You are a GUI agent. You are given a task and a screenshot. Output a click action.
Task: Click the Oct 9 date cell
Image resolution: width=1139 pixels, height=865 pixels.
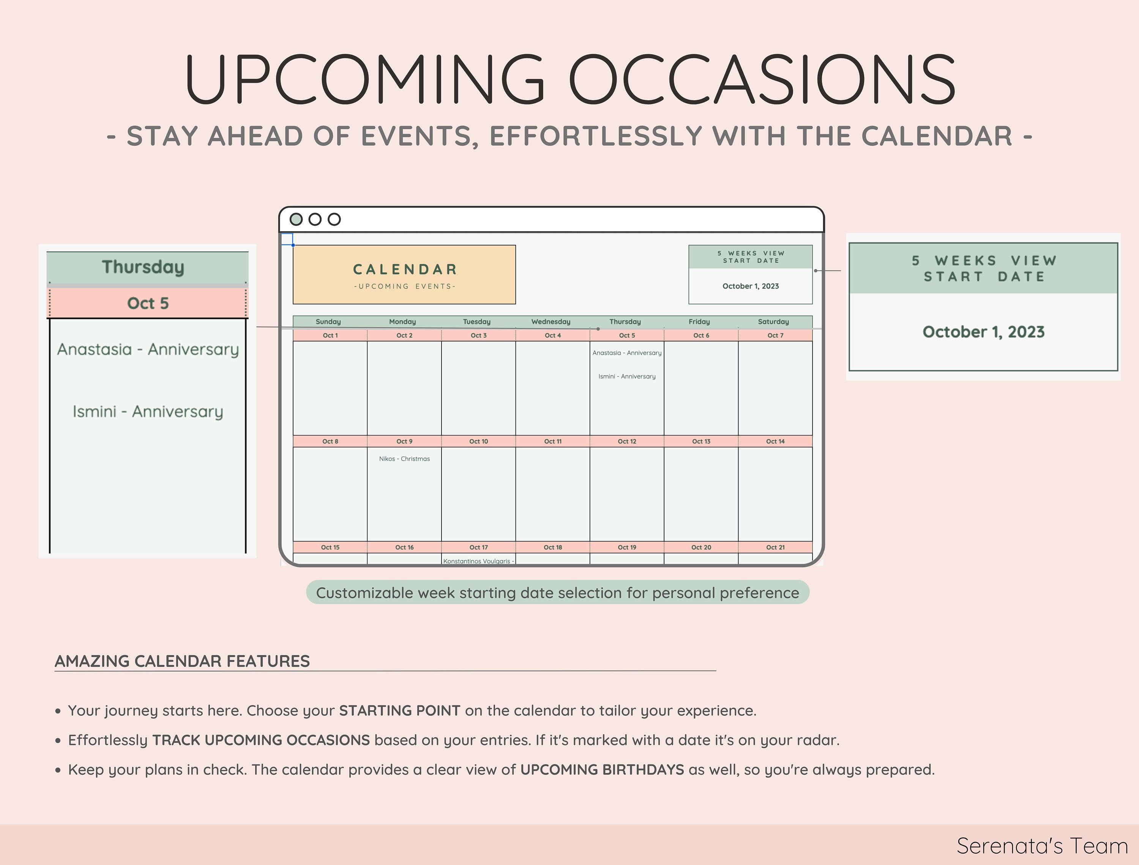pyautogui.click(x=404, y=441)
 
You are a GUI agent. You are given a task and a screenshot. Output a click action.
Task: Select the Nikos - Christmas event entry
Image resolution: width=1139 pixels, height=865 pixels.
pyautogui.click(x=404, y=459)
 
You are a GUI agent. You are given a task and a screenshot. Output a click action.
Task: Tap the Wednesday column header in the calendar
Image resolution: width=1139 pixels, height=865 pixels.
pyautogui.click(x=551, y=322)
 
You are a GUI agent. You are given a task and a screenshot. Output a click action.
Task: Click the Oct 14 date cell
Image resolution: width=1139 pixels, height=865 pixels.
pyautogui.click(x=775, y=441)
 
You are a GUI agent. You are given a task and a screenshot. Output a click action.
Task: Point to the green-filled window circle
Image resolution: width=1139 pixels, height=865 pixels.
pyautogui.click(x=296, y=219)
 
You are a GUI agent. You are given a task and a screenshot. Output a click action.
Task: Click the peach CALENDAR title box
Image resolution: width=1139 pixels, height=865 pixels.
pyautogui.click(x=404, y=275)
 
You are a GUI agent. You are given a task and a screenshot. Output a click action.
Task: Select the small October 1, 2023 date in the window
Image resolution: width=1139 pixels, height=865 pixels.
pyautogui.click(x=750, y=286)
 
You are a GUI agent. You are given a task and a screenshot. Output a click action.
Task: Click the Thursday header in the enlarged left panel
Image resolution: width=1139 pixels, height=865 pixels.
pyautogui.click(x=143, y=267)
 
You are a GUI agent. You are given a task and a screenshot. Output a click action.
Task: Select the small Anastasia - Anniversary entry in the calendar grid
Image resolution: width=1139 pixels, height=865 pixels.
pyautogui.click(x=627, y=353)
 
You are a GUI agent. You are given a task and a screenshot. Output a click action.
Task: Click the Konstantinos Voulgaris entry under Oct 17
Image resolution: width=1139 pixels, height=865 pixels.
pyautogui.click(x=478, y=561)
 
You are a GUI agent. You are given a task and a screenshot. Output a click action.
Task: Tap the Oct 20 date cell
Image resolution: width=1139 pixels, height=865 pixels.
pyautogui.click(x=701, y=547)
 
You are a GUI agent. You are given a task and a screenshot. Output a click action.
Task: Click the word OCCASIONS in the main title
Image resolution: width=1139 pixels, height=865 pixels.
pyautogui.click(x=762, y=79)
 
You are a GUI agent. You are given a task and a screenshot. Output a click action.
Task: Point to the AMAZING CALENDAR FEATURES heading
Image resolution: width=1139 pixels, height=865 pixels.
pyautogui.click(x=182, y=661)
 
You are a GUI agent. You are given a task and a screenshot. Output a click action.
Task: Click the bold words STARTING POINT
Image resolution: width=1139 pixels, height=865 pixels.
pyautogui.click(x=399, y=710)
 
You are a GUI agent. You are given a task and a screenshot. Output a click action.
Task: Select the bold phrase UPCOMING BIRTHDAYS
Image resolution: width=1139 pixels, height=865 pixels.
pyautogui.click(x=602, y=770)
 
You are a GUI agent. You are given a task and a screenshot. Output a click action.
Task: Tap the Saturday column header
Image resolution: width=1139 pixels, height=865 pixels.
pyautogui.click(x=773, y=322)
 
